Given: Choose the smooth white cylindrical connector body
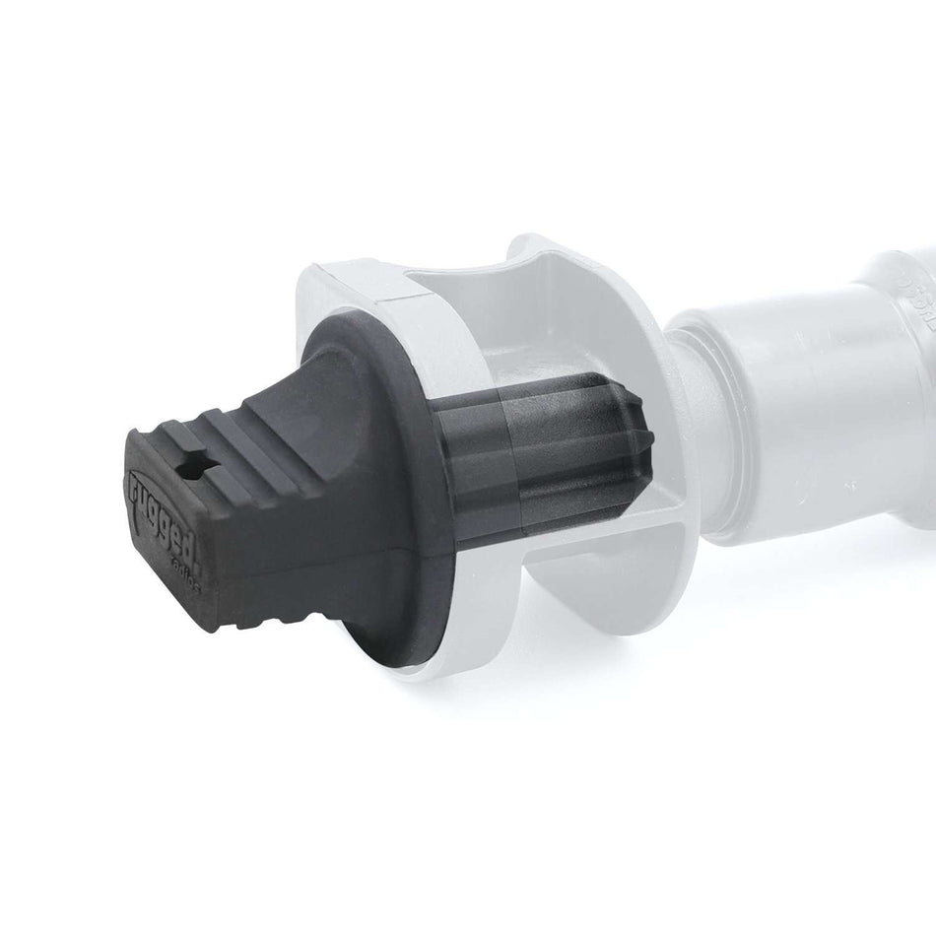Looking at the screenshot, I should pos(788,414).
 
